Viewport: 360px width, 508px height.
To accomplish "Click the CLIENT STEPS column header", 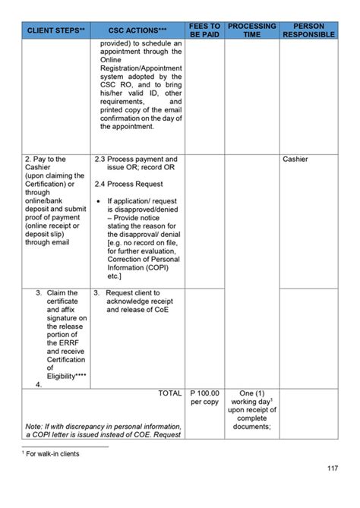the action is (x=55, y=31).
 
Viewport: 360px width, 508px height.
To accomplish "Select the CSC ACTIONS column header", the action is (x=137, y=31).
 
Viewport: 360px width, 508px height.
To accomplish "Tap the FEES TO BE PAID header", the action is (x=204, y=30).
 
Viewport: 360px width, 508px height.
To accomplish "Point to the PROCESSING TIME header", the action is (x=251, y=30).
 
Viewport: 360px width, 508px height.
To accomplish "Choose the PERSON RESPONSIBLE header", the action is (x=308, y=30).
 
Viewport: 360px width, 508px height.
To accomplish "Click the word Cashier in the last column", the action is (x=296, y=159).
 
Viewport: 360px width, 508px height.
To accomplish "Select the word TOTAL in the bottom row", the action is (x=169, y=393).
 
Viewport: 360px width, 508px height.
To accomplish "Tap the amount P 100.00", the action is (x=204, y=393).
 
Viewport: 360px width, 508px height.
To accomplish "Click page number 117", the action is (x=331, y=488).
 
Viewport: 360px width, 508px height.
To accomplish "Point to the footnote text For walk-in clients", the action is (x=50, y=453).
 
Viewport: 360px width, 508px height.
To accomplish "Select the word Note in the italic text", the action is (x=33, y=426).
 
